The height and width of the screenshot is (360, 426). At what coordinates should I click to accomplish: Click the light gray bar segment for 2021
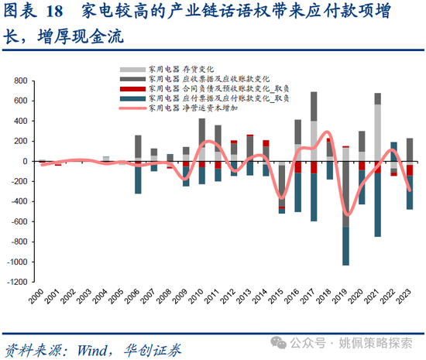(377, 132)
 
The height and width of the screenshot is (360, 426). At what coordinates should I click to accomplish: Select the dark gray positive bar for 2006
(138, 146)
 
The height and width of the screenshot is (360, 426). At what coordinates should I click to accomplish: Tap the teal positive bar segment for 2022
(393, 152)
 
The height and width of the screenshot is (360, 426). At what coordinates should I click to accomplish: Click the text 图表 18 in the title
(35, 13)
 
